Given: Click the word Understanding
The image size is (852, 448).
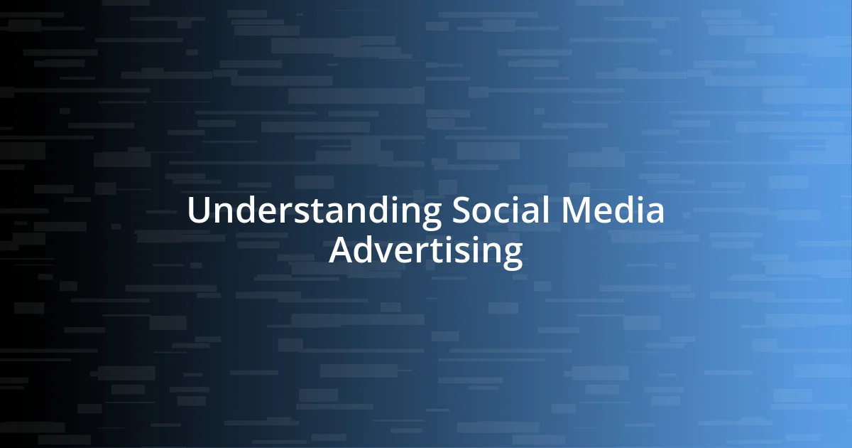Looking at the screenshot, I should point(315,212).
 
